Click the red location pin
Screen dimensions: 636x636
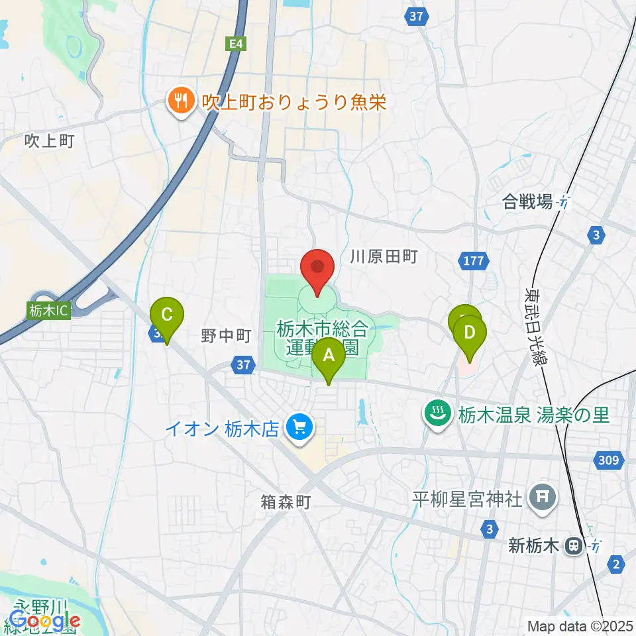(317, 268)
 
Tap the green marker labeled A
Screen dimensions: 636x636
(329, 356)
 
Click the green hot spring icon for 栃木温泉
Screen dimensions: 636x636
(437, 415)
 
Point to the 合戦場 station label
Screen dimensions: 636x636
(527, 202)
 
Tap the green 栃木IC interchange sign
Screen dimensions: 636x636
(49, 309)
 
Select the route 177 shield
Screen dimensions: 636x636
(474, 261)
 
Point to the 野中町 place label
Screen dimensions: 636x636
(226, 336)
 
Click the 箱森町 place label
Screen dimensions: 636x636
(285, 502)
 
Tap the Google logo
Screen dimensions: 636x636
(44, 621)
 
